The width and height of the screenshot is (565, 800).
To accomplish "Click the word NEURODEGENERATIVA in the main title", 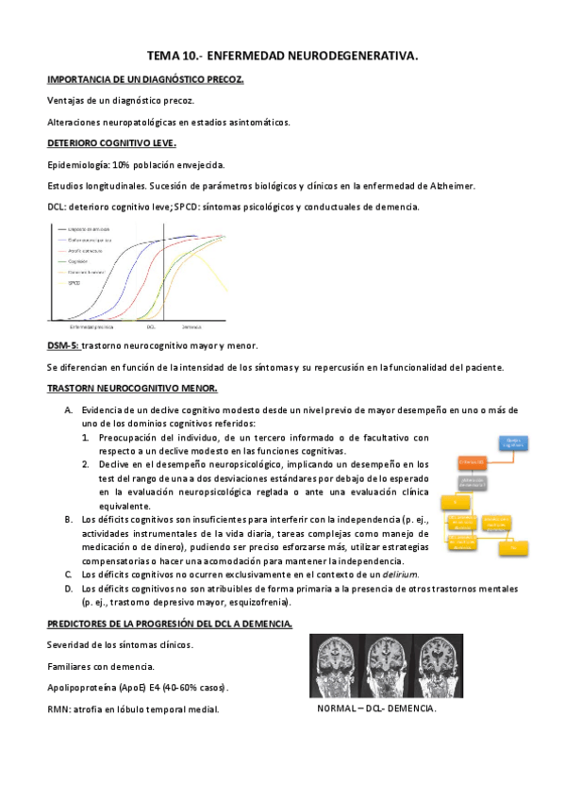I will point(350,58).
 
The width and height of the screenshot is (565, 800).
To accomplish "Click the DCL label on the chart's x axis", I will point(151,326).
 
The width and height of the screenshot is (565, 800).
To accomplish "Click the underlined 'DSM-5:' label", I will point(63,345).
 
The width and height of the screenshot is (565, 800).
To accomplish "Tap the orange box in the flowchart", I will point(471,461).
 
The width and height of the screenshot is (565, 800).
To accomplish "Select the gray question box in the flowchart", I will point(472,481).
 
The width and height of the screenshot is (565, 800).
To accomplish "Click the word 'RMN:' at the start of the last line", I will point(60,708).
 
